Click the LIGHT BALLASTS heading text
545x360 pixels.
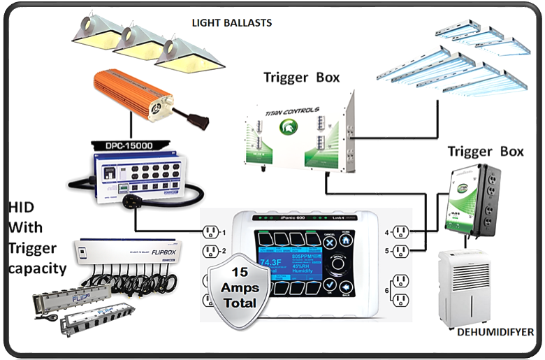(x=232, y=23)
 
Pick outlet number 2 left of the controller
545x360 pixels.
(x=210, y=251)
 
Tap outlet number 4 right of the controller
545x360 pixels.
(x=400, y=232)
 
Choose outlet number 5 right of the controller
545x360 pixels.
(x=400, y=251)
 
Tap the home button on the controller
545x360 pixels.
(x=346, y=240)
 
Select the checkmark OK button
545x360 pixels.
(x=330, y=285)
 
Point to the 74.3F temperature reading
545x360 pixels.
(x=270, y=263)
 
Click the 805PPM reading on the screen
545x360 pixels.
(x=303, y=256)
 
